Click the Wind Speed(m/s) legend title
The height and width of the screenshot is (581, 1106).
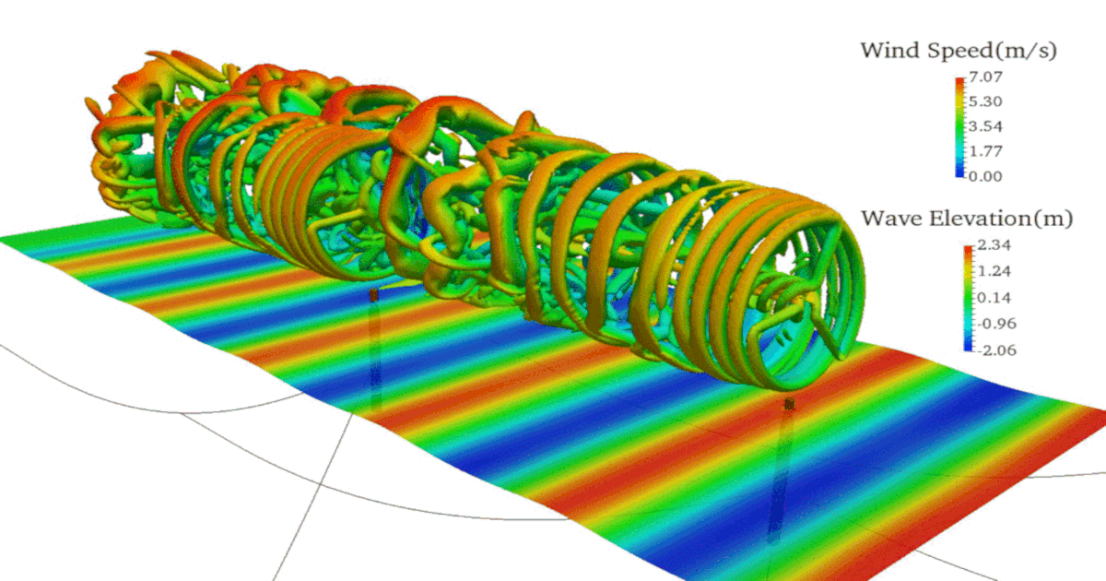pos(959,52)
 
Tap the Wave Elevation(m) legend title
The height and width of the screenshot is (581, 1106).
pos(967,219)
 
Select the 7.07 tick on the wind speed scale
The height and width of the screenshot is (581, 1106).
pos(985,77)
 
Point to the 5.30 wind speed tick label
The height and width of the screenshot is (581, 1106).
pos(985,101)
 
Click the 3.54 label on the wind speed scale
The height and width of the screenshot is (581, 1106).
pos(985,126)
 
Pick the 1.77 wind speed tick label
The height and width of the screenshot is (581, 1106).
pos(985,151)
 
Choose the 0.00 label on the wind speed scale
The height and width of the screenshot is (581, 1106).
pos(985,176)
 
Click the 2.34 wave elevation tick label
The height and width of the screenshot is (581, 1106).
pos(994,245)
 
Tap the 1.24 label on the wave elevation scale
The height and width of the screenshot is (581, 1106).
pos(994,271)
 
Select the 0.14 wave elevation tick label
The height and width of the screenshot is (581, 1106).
pos(994,298)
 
